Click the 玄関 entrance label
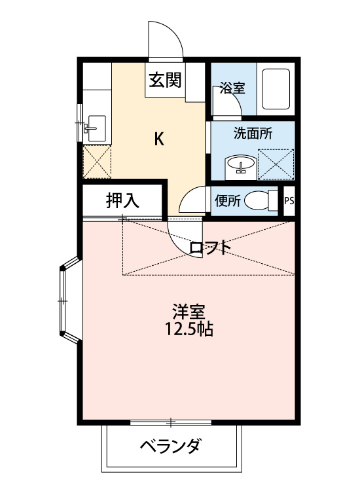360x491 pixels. (x=164, y=81)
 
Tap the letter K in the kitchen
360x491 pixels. (x=159, y=139)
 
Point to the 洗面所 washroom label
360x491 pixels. (x=253, y=132)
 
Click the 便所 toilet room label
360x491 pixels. (x=228, y=201)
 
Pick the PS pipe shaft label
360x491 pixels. (x=289, y=201)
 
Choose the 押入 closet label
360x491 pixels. (x=122, y=201)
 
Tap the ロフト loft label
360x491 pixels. (x=209, y=248)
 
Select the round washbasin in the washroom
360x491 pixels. (x=240, y=166)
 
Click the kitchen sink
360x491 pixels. (x=96, y=124)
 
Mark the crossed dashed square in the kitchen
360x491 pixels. (x=97, y=160)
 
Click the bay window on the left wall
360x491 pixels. (x=67, y=300)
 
